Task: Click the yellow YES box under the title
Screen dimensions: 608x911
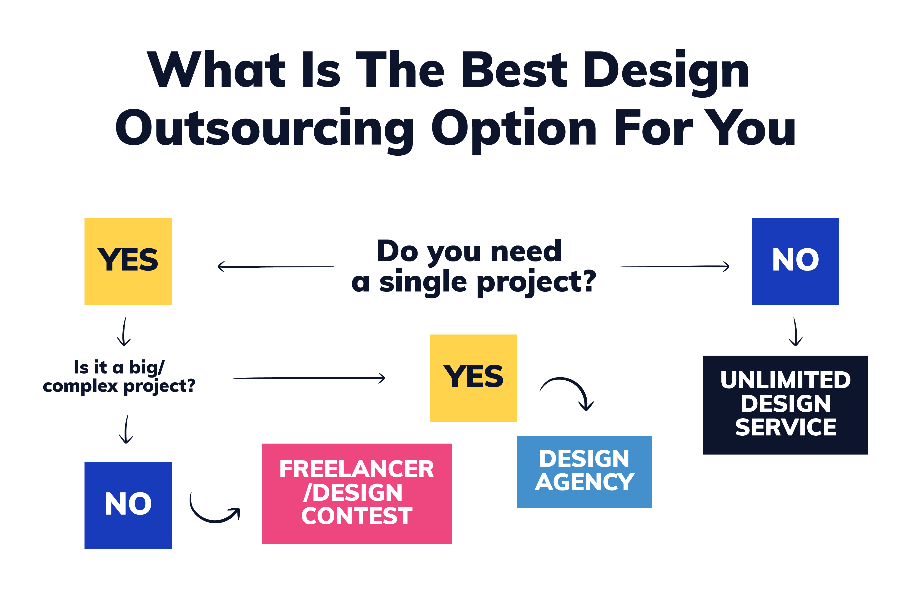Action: click(128, 261)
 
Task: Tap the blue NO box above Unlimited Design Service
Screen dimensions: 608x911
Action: click(795, 261)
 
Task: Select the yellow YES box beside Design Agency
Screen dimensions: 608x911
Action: click(473, 378)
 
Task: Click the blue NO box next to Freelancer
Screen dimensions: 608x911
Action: click(128, 505)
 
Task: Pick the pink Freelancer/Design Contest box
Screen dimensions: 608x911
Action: click(357, 494)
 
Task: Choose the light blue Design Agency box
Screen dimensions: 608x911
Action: click(584, 471)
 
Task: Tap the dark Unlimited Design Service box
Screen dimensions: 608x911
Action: click(785, 405)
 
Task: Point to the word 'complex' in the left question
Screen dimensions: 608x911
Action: click(80, 386)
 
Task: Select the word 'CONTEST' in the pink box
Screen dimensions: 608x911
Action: click(357, 516)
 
